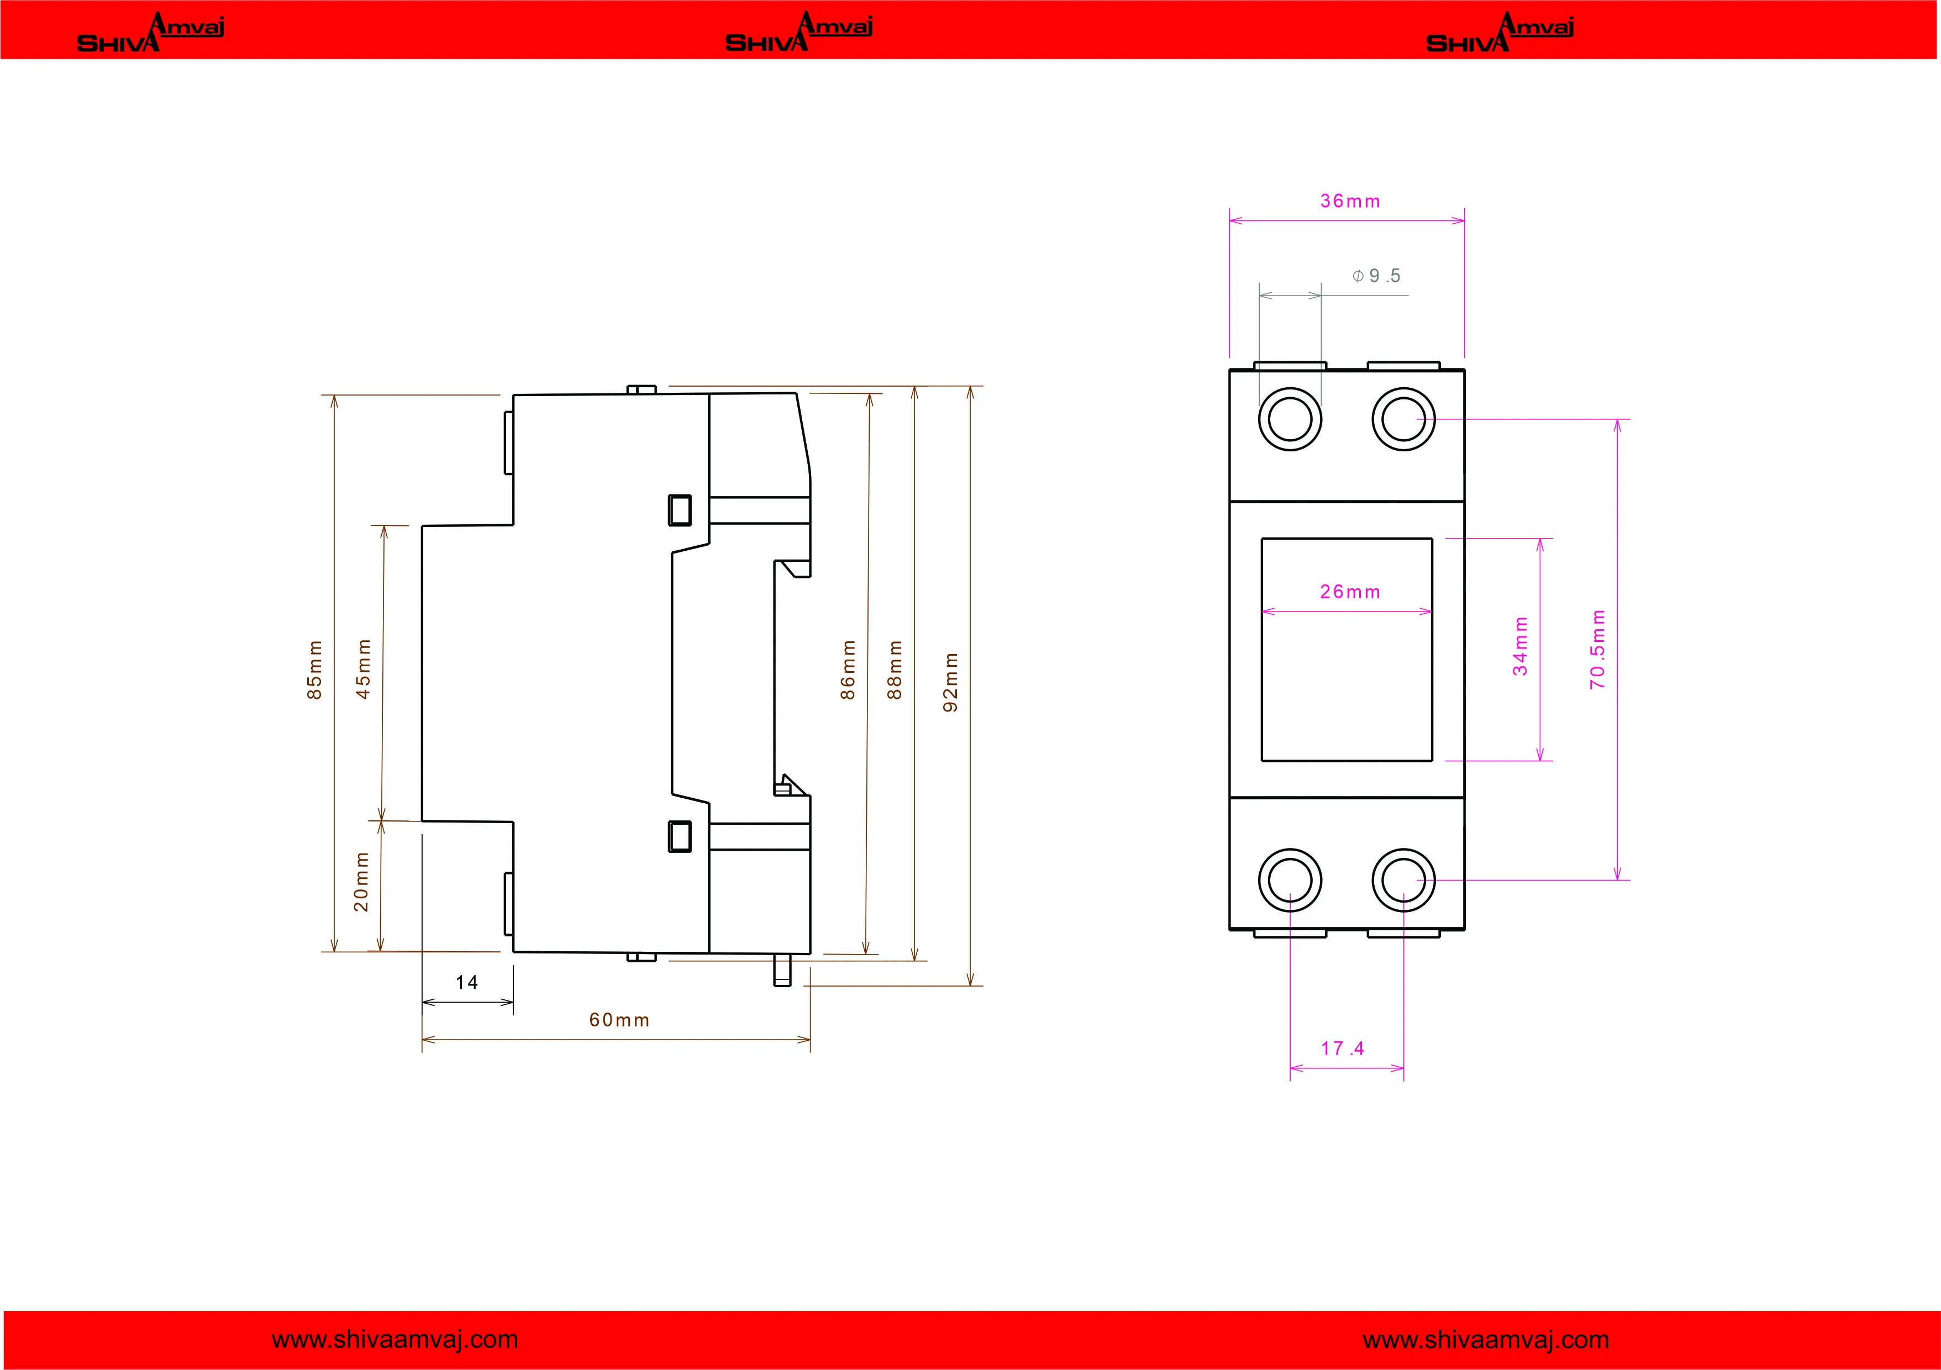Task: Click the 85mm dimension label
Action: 314,670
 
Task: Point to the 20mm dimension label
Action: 361,882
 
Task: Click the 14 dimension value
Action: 467,982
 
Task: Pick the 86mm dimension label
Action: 848,670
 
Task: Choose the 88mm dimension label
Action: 895,670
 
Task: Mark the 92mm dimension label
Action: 950,682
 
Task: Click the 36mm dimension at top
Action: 1350,201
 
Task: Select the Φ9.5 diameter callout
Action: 1376,276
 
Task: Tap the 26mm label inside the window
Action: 1350,592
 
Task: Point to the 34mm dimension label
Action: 1520,646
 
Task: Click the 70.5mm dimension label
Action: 1597,649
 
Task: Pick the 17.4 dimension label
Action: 1343,1048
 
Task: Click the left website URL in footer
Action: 395,1340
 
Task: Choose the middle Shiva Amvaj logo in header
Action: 799,32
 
